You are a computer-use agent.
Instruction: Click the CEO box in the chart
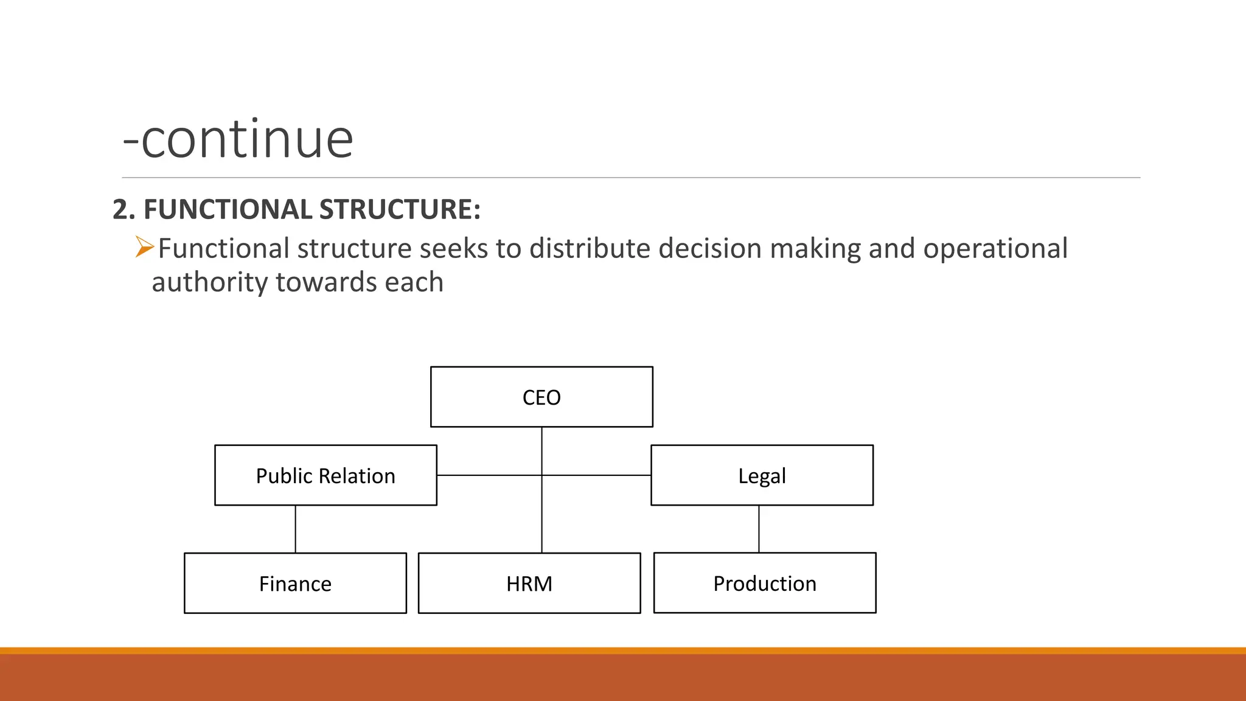[x=541, y=397]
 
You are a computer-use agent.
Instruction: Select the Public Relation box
[x=325, y=475]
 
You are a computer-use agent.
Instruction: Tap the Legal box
[x=762, y=475]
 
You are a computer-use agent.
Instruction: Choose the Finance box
[x=295, y=583]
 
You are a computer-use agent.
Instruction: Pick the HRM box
[x=529, y=583]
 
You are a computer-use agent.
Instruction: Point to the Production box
[x=765, y=583]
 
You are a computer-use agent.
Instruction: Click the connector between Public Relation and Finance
[x=296, y=529]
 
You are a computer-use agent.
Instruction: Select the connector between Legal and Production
[x=759, y=529]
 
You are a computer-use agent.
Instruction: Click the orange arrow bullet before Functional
[x=144, y=247]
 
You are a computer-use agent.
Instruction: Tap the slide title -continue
[x=238, y=139]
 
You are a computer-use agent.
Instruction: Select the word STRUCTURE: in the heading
[x=400, y=209]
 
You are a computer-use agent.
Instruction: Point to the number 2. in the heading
[x=124, y=209]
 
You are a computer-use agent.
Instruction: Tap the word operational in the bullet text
[x=995, y=248]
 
